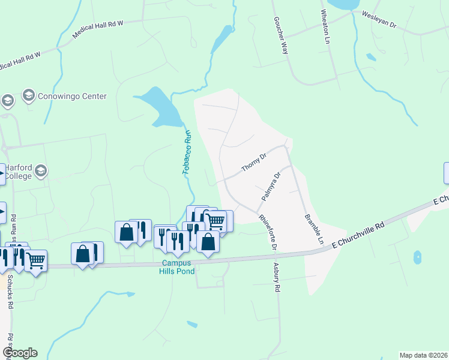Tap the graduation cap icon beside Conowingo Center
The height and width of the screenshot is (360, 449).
(x=28, y=95)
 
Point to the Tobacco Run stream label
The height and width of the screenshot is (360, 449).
(x=186, y=152)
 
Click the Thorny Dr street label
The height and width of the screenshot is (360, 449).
(x=253, y=163)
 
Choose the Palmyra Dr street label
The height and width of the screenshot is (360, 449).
(x=271, y=187)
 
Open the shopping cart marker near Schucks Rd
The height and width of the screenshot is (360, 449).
(x=36, y=260)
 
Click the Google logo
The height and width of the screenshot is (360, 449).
(x=20, y=353)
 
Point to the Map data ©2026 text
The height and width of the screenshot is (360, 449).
(x=423, y=355)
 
